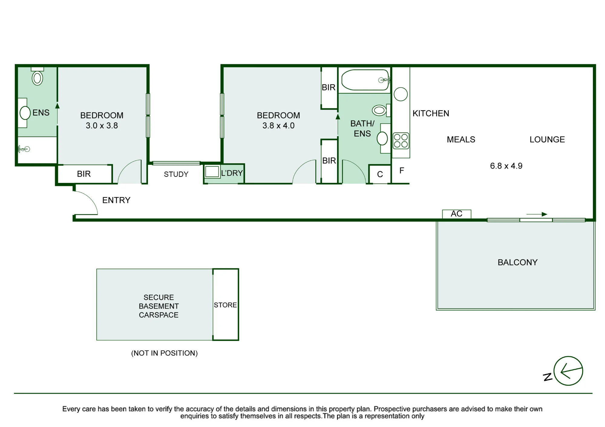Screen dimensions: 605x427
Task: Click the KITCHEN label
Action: pos(431,113)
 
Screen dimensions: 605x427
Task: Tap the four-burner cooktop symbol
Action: pos(401,141)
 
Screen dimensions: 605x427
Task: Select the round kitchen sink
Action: pos(401,94)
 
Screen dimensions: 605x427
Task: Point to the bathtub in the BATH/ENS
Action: pos(365,80)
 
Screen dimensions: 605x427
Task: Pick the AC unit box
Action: pos(456,214)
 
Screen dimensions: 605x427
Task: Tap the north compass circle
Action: pos(568,371)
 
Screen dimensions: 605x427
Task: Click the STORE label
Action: pos(225,305)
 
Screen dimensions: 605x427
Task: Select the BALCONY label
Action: pos(518,262)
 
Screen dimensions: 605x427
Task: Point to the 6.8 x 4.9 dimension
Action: pos(506,166)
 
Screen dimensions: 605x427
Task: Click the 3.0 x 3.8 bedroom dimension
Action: pos(102,125)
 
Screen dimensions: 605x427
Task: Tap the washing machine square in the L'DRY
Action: pos(212,172)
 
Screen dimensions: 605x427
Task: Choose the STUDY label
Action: pos(176,174)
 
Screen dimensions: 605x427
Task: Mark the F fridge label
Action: pos(402,170)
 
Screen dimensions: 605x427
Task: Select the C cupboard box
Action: pos(380,174)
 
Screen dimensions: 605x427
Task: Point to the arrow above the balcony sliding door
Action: pos(537,214)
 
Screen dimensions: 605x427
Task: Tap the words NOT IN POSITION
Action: pos(164,353)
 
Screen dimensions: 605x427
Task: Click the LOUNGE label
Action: pos(547,139)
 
